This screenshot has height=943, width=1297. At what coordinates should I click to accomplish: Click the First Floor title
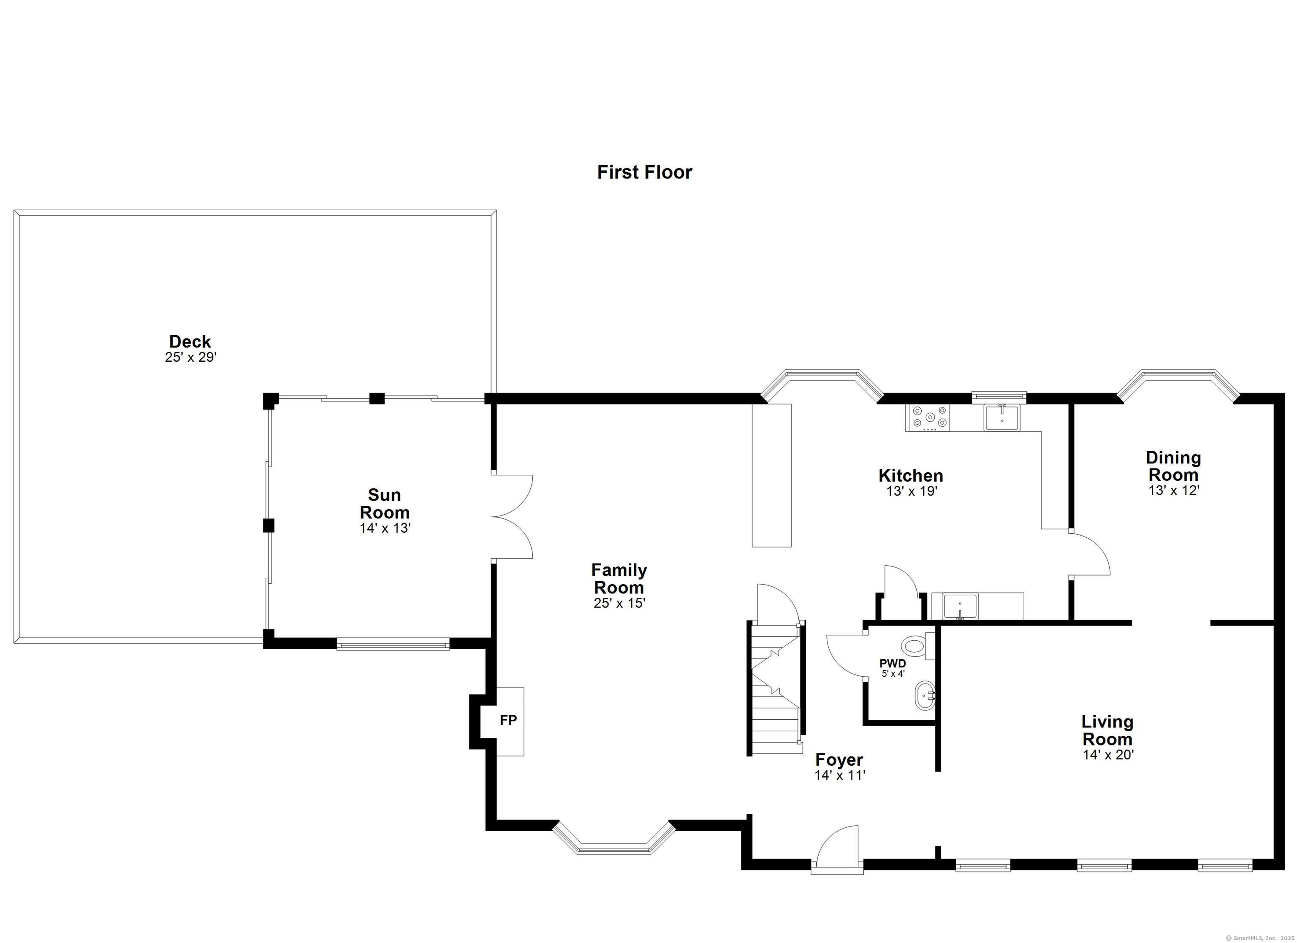click(645, 172)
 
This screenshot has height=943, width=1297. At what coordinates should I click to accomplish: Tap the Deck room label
click(190, 341)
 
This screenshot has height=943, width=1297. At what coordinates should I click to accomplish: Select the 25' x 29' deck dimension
click(190, 358)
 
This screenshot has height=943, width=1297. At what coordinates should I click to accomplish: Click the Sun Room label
click(384, 503)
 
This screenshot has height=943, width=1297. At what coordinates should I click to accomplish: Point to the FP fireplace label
click(508, 721)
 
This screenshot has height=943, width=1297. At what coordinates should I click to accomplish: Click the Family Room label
click(619, 579)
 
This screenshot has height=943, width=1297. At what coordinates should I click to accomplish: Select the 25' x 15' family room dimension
click(619, 603)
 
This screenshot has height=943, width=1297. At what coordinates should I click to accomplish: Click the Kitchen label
click(911, 475)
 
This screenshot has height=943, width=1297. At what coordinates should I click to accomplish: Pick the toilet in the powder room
click(917, 647)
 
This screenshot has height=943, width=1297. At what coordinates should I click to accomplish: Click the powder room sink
click(924, 695)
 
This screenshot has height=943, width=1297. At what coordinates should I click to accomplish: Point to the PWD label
click(893, 664)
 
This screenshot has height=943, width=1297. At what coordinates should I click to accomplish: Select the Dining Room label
click(1173, 466)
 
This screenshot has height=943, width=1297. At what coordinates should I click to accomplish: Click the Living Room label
click(1108, 730)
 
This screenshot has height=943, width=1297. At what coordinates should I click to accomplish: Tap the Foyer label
click(839, 759)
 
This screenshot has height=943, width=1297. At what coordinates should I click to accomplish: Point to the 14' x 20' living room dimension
click(1108, 754)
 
